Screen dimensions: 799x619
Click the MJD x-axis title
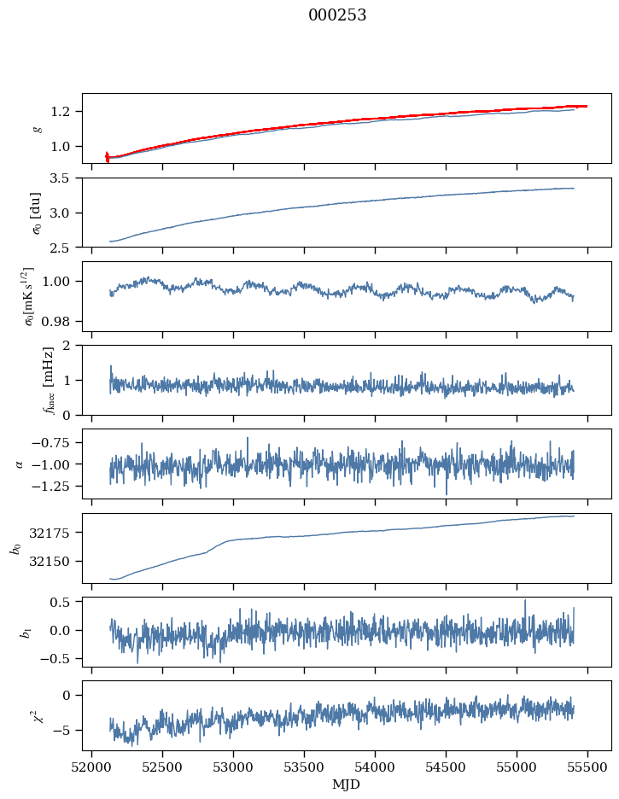tap(347, 784)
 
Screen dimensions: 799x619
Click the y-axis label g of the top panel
tap(37, 128)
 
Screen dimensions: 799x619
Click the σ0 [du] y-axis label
tap(37, 212)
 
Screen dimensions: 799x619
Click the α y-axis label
tap(20, 464)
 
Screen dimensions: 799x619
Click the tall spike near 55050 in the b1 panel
tap(525, 601)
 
